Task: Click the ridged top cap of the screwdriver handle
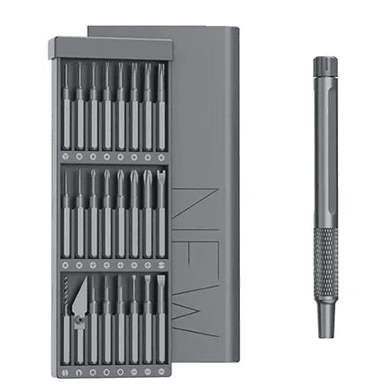tap(326, 66)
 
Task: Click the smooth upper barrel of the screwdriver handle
tap(326, 147)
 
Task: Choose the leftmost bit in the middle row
tap(66, 212)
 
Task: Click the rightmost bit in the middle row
tap(161, 212)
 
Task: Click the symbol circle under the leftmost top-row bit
tap(66, 157)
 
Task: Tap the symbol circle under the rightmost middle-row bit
tap(161, 262)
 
